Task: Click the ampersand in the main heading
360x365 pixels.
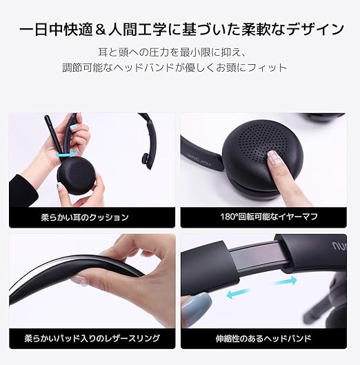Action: pos(101,30)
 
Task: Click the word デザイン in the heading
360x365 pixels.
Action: pos(315,30)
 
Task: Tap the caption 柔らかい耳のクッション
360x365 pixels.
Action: pos(85,217)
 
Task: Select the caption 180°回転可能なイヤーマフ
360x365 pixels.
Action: pos(269,217)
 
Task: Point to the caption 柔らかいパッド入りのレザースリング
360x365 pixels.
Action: pos(92,338)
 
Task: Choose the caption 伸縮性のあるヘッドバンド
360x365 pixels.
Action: pos(263,338)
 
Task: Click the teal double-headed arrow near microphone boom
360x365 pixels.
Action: pos(66,154)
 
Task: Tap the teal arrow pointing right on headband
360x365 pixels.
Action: pos(286,282)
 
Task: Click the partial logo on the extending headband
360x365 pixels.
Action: pos(339,246)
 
